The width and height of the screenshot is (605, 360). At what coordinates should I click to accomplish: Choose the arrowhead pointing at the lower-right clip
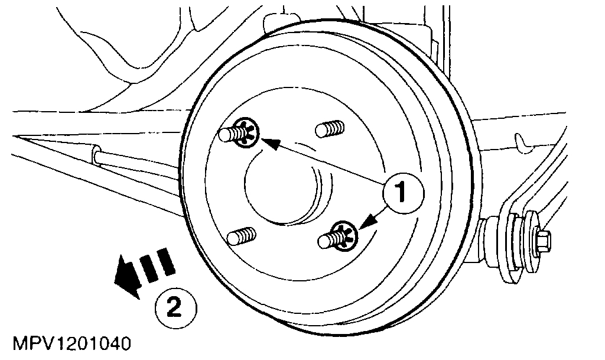click(365, 223)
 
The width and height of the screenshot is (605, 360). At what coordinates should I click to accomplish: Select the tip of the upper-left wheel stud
click(223, 135)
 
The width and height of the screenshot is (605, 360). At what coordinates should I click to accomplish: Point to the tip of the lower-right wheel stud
click(323, 241)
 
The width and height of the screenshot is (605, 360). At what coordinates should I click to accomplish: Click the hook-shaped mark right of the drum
click(522, 140)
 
